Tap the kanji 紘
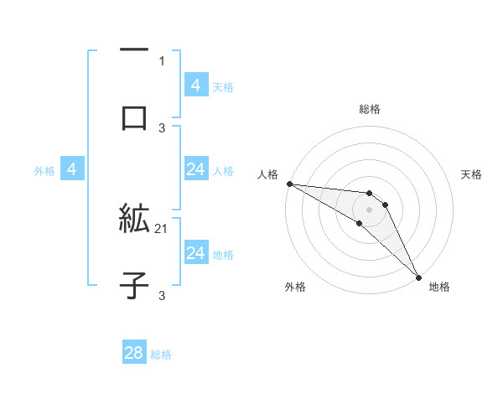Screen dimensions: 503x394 coord(134,220)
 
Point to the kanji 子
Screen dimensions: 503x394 coord(134,285)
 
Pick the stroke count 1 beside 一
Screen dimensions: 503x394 coord(162,61)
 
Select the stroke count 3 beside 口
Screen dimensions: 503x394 coord(162,127)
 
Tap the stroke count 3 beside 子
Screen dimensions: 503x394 coord(162,295)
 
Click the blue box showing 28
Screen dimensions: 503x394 coord(134,353)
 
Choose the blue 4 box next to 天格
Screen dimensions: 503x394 coord(195,85)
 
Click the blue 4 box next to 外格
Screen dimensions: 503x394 coord(72,170)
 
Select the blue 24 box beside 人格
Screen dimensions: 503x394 coord(195,170)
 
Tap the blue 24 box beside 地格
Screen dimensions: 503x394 coord(195,253)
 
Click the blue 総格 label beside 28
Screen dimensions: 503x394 coord(161,355)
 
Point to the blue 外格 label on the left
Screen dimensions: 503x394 coord(44,171)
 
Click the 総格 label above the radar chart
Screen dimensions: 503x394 coord(370,109)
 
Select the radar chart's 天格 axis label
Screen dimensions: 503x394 coord(472,174)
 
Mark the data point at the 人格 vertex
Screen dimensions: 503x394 coord(289,184)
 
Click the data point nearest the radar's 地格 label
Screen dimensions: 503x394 coord(418,276)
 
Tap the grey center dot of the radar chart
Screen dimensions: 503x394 coord(369,209)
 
